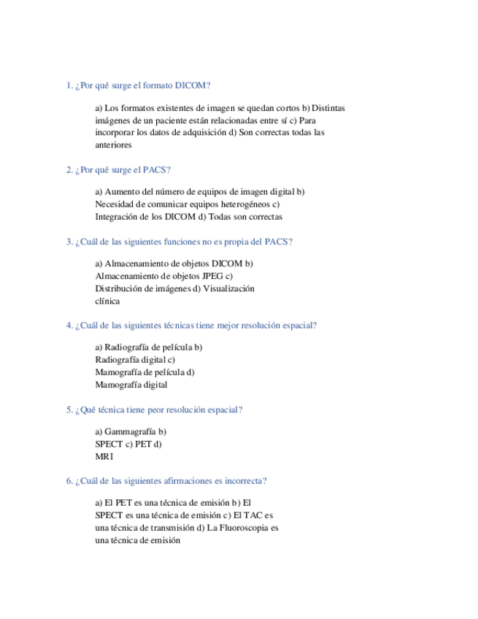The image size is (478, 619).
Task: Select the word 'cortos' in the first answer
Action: (285, 108)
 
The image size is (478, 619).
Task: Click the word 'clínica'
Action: (108, 301)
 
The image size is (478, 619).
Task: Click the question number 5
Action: (69, 410)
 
